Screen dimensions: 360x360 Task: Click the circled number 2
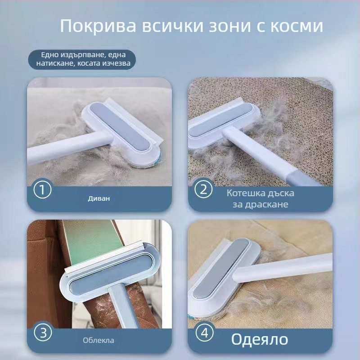tap(203, 189)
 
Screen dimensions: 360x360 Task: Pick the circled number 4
tap(203, 334)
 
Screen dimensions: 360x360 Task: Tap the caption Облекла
tap(99, 340)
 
